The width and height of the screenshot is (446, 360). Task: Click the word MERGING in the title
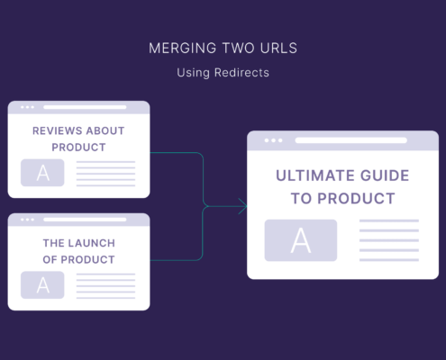(183, 49)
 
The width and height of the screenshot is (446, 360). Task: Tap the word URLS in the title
(278, 49)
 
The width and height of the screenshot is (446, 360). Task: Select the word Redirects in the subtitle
(241, 73)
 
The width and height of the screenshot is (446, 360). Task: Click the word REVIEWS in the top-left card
(58, 130)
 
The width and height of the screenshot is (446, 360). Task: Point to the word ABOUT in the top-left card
(105, 130)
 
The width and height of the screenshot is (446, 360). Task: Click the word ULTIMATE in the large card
(315, 175)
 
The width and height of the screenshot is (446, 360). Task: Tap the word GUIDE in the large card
(385, 175)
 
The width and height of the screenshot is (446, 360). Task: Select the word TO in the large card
(302, 199)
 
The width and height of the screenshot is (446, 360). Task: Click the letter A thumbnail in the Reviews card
(42, 173)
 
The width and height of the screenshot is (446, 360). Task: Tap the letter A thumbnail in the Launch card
(42, 285)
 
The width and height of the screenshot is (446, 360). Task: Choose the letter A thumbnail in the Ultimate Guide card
(301, 240)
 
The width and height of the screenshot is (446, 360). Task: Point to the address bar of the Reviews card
(85, 107)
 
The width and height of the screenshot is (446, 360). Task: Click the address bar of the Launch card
(85, 220)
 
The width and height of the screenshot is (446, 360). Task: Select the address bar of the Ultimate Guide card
(351, 140)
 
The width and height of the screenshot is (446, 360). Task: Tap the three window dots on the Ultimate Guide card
(273, 140)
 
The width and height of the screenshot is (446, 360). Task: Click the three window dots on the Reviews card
(27, 107)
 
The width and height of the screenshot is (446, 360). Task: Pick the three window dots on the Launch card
(27, 220)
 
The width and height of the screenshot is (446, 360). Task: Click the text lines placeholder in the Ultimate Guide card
(389, 240)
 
